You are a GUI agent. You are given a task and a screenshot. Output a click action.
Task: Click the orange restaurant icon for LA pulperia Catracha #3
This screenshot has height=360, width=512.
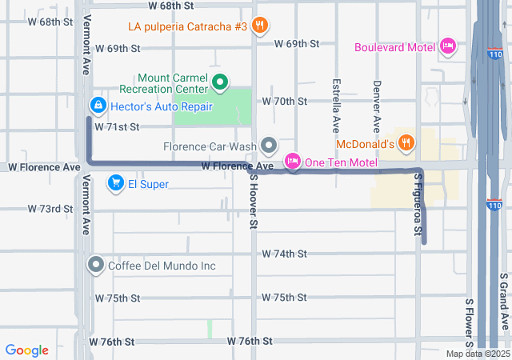(259, 26)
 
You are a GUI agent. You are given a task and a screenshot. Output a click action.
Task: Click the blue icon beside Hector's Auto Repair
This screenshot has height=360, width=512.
(98, 106)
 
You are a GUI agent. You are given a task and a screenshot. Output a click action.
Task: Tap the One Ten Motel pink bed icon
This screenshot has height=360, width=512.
(292, 162)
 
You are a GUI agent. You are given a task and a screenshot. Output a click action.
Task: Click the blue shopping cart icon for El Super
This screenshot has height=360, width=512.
(117, 184)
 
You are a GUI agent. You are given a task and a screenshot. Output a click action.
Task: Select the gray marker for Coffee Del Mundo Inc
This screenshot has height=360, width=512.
(97, 265)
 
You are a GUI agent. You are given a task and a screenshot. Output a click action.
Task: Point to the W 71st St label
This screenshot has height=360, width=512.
(118, 126)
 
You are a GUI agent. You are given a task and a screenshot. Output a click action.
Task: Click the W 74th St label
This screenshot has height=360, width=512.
(285, 254)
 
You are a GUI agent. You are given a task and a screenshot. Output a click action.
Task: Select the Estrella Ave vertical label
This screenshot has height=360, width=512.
(336, 106)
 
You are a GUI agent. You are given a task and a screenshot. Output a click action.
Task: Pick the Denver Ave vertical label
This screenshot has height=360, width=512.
(376, 106)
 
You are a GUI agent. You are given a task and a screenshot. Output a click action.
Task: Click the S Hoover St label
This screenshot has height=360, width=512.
(251, 201)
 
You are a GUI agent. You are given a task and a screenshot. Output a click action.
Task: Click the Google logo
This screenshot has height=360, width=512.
(27, 350)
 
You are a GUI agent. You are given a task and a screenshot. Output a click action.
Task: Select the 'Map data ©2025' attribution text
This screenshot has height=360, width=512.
(477, 354)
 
